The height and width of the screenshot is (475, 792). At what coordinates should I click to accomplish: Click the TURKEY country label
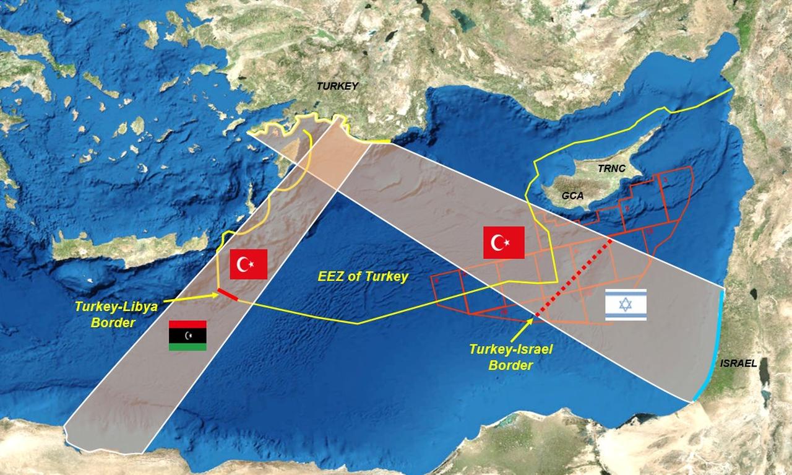pyautogui.click(x=337, y=87)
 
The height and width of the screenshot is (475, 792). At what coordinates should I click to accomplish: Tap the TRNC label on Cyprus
pyautogui.click(x=612, y=169)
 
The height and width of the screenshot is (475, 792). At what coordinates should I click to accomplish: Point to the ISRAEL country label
pyautogui.click(x=738, y=364)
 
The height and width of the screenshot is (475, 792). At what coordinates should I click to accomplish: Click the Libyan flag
pyautogui.click(x=187, y=336)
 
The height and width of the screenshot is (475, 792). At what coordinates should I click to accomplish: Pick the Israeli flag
pyautogui.click(x=626, y=305)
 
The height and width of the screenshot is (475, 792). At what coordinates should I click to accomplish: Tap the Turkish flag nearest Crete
pyautogui.click(x=248, y=264)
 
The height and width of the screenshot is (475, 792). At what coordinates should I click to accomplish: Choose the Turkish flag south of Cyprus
pyautogui.click(x=504, y=242)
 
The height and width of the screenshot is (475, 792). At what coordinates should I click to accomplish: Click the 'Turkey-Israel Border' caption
pyautogui.click(x=510, y=357)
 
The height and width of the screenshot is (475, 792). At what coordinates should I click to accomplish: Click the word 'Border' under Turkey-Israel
pyautogui.click(x=510, y=365)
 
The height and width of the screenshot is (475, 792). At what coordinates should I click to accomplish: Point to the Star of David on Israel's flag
pyautogui.click(x=626, y=305)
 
